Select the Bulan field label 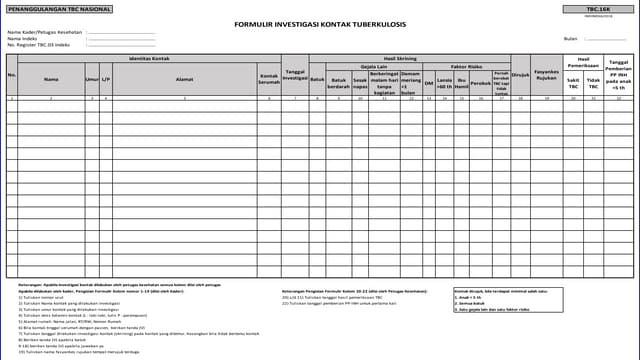pos(571,38)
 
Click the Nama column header pos(51,77)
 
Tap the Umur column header pos(92,77)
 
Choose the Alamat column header pos(184,77)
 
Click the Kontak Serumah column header pos(268,78)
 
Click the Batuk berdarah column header pos(339,82)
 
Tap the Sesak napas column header pos(360,82)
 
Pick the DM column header pos(429,82)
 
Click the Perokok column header pos(481,82)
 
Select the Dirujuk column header pos(520,74)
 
